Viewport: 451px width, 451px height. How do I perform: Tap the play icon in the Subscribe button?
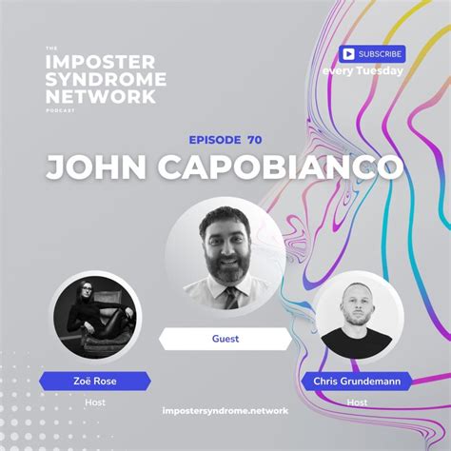click(349, 54)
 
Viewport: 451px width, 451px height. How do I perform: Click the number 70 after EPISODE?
click(254, 139)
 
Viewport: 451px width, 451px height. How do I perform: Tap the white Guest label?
click(225, 337)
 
